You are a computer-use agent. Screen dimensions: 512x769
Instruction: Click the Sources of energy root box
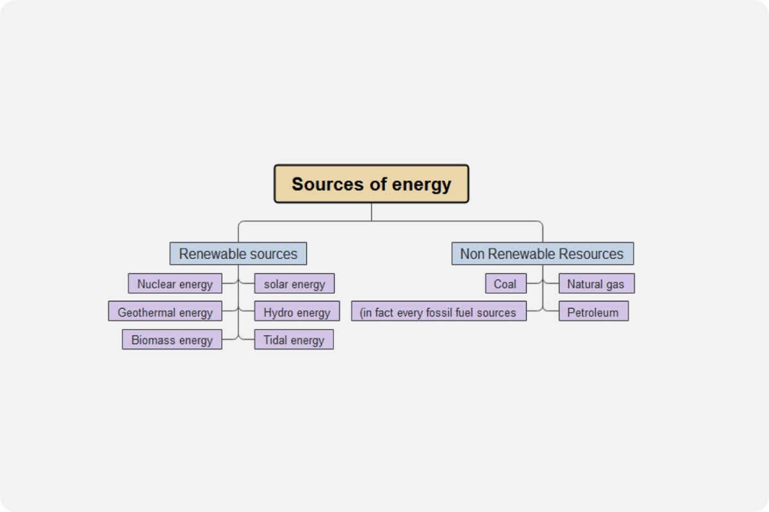[372, 184]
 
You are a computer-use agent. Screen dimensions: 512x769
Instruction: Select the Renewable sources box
[238, 253]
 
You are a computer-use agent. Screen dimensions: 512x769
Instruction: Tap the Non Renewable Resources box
[542, 253]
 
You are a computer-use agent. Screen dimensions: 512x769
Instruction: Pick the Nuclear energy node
[175, 284]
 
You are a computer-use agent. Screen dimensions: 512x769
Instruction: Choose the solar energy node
[294, 284]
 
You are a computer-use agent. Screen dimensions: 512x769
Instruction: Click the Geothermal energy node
[165, 312]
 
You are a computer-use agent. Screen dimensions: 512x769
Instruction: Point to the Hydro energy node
[297, 312]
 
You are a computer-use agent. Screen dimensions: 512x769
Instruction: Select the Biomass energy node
[172, 340]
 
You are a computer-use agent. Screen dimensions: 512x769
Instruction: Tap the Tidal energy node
[294, 340]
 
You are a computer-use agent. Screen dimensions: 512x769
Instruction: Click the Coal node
[505, 284]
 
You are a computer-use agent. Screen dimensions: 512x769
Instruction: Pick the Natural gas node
[596, 284]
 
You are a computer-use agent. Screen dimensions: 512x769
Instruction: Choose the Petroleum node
[593, 312]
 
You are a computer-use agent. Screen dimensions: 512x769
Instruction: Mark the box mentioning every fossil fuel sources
[438, 312]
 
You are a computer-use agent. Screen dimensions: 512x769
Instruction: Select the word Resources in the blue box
[590, 253]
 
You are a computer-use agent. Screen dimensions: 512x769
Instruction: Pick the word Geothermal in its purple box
[148, 312]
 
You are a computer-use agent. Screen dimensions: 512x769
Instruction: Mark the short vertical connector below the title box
[372, 212]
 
